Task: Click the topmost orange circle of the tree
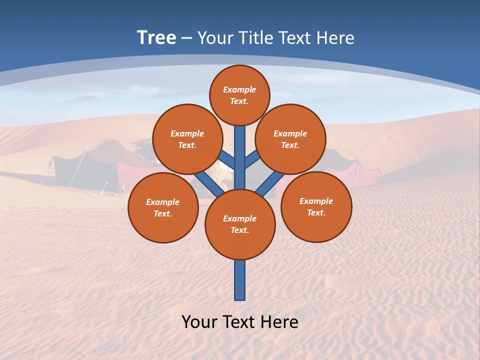(x=239, y=95)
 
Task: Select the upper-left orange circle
(x=187, y=139)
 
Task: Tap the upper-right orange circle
(x=290, y=139)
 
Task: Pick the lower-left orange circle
(x=163, y=207)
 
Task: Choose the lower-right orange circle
(x=316, y=206)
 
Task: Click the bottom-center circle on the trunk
(x=240, y=224)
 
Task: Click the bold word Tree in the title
(x=156, y=37)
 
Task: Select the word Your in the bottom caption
(x=199, y=322)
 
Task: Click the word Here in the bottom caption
(x=279, y=322)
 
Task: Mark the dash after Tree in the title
(x=187, y=38)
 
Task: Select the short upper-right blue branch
(x=251, y=160)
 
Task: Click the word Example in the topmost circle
(x=239, y=89)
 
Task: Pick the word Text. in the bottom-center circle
(x=239, y=230)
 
